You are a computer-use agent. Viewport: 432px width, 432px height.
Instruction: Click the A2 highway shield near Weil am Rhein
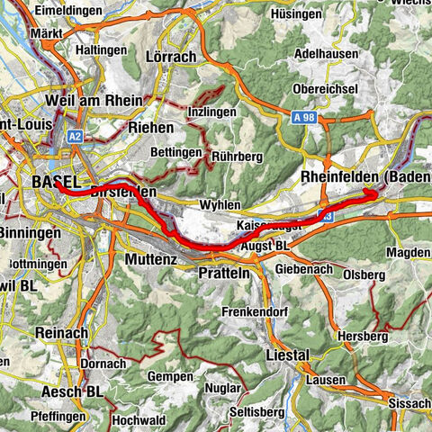pyautogui.click(x=75, y=136)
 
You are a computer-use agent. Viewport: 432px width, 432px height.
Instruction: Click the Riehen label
pyautogui.click(x=150, y=129)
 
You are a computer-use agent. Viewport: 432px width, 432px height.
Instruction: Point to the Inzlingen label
pyautogui.click(x=211, y=112)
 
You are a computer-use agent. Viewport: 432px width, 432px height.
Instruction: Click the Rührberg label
pyautogui.click(x=236, y=157)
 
